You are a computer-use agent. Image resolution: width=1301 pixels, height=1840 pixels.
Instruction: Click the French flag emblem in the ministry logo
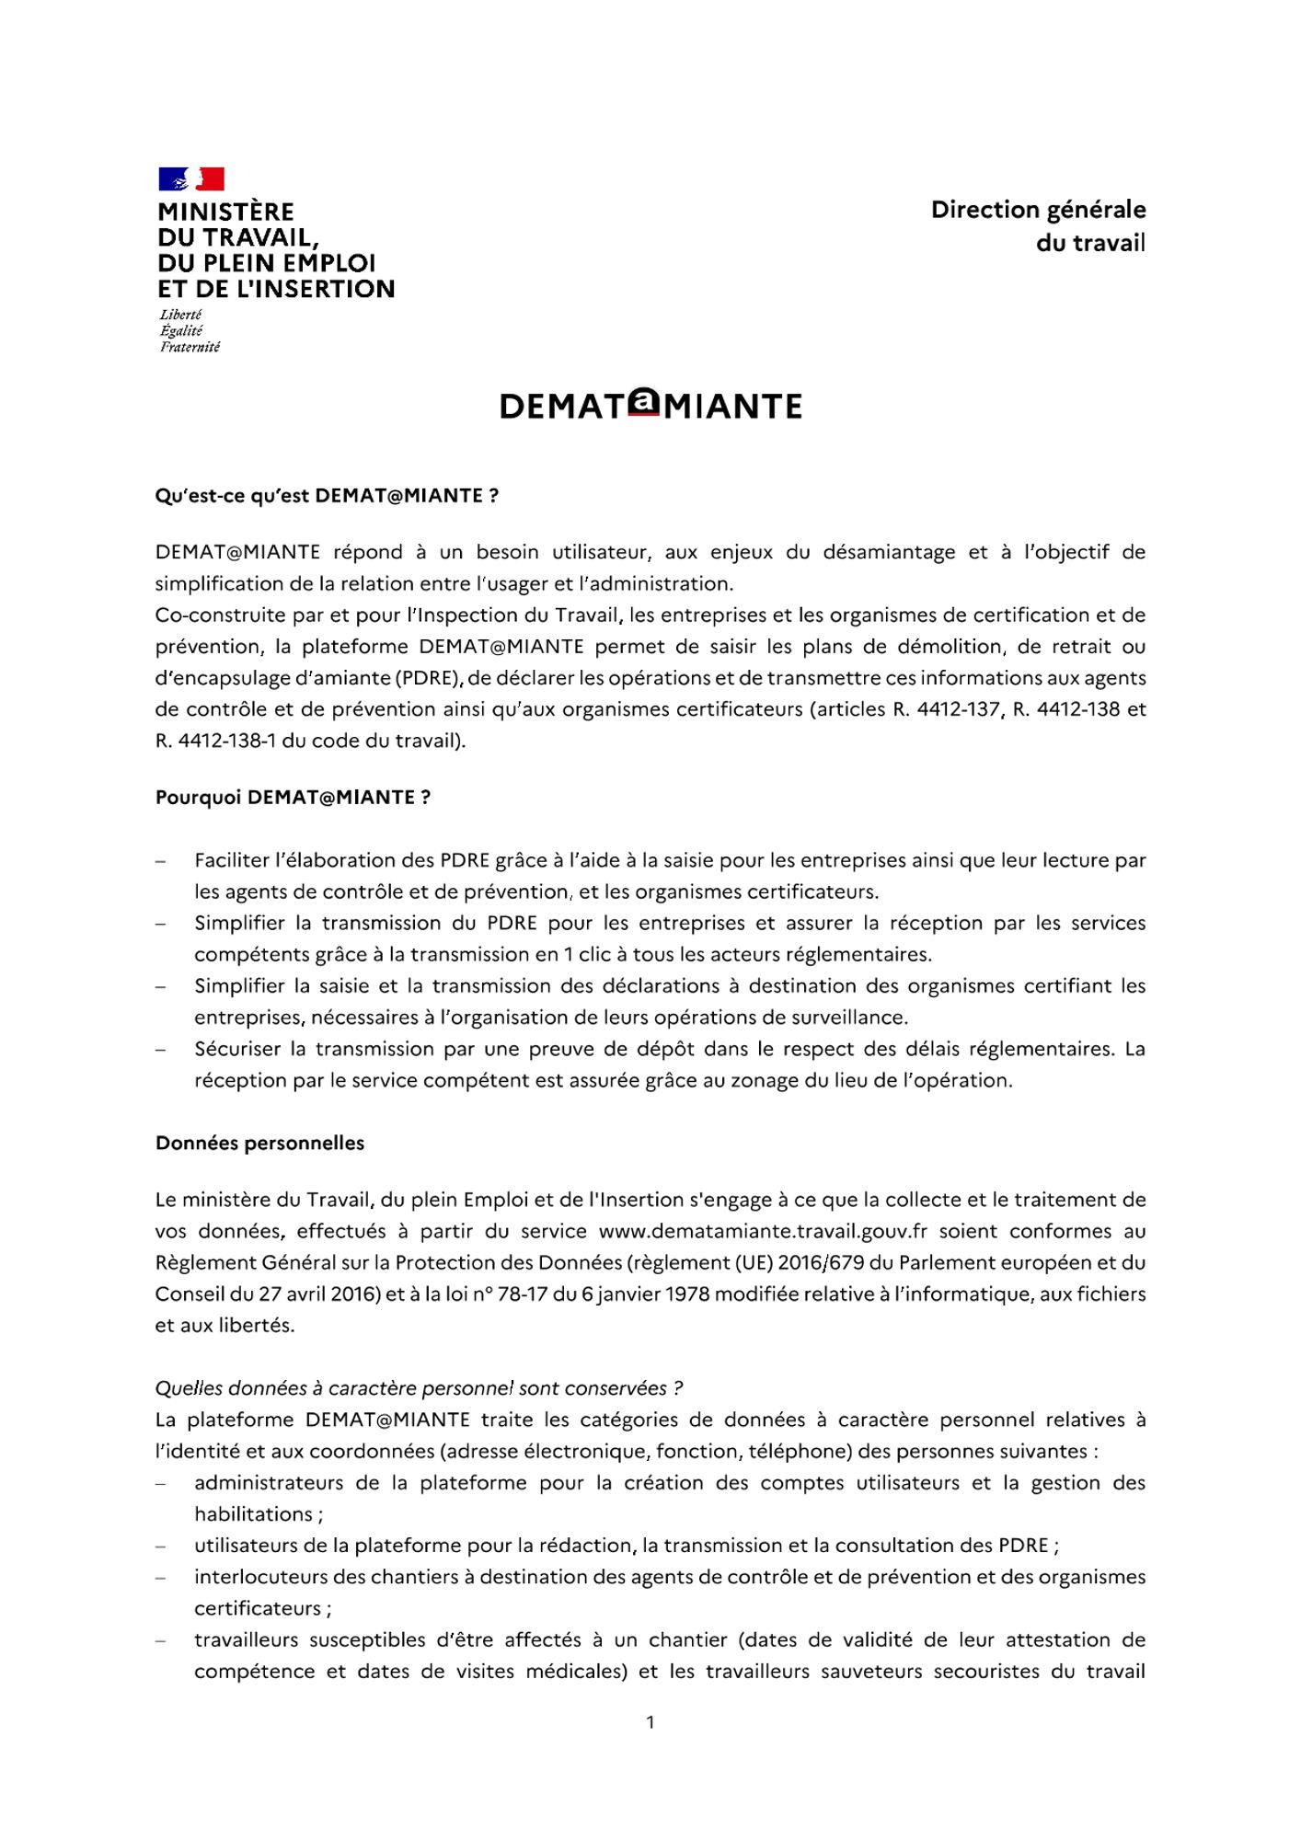point(191,178)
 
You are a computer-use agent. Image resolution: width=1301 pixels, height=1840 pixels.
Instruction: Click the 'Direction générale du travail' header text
point(1038,225)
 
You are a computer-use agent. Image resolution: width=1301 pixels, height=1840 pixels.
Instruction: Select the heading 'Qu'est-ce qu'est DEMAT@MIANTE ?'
point(327,496)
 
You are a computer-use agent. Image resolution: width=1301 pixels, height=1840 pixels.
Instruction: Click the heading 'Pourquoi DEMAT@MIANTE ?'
point(293,798)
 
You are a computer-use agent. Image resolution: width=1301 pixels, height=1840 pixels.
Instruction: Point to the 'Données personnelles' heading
point(259,1144)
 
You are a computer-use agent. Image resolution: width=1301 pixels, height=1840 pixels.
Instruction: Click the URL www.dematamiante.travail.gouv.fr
point(749,1231)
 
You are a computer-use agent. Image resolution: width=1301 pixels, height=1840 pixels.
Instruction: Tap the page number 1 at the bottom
point(650,1722)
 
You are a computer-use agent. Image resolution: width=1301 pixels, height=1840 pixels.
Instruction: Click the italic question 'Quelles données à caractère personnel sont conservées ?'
point(419,1388)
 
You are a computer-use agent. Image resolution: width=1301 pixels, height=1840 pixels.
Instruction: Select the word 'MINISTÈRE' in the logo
point(225,212)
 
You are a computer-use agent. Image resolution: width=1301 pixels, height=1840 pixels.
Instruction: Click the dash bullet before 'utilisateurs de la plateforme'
point(161,1547)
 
